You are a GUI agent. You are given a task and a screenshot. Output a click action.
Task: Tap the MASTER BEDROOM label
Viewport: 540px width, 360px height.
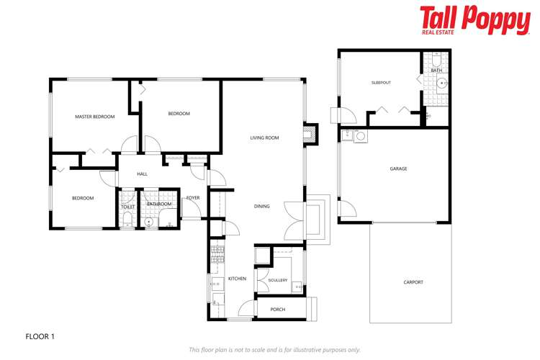[95, 117]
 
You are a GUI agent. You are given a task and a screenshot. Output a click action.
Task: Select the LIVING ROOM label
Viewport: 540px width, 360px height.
[264, 138]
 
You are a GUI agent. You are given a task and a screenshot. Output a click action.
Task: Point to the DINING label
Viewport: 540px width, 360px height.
[261, 207]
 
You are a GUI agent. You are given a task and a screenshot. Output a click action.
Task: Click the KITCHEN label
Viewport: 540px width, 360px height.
[237, 279]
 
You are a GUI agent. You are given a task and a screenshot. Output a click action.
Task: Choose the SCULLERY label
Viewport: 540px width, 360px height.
[277, 280]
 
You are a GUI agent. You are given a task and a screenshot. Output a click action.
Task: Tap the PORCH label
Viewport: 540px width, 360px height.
[277, 310]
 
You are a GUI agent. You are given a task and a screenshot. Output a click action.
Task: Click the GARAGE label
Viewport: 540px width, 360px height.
[398, 168]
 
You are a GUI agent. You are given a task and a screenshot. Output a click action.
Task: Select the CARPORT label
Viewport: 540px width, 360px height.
[413, 282]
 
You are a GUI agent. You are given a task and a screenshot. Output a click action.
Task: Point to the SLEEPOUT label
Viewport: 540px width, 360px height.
[381, 83]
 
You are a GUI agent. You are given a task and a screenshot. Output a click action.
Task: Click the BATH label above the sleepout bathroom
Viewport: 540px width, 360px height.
[436, 71]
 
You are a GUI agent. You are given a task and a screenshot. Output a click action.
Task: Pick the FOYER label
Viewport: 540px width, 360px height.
[193, 197]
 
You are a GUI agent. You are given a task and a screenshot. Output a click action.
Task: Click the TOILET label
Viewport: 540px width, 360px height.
[127, 207]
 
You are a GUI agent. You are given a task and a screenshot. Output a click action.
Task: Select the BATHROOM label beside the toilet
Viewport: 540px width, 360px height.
[159, 204]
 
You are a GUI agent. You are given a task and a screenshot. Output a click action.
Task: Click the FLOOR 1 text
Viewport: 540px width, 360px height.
[40, 336]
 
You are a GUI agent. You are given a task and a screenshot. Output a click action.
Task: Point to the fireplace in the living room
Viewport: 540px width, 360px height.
[310, 134]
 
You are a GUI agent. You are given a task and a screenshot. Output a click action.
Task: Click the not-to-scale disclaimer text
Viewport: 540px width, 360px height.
[274, 350]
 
